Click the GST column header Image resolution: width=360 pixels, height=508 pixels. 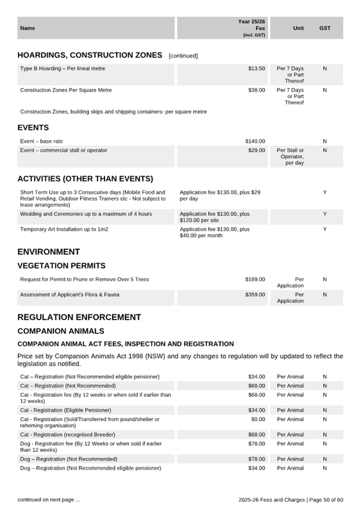tap(324, 28)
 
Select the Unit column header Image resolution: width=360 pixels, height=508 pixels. tap(298, 28)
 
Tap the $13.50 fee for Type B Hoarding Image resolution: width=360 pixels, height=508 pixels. tap(256, 69)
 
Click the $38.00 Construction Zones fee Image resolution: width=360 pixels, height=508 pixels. tap(256, 90)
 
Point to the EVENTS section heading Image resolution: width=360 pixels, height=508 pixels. tap(33, 128)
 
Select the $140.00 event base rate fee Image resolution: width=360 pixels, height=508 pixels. tap(255, 141)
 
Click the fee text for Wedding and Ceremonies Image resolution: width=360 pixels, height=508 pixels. tap(214, 217)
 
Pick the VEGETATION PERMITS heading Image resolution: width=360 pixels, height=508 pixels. tap(61, 265)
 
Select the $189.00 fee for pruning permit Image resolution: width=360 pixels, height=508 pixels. tap(255, 279)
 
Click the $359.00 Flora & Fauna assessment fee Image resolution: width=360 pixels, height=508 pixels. tap(255, 295)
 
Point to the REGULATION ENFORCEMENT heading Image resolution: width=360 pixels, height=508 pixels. tap(79, 317)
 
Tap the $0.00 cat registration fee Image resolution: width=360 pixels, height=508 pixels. tap(257, 420)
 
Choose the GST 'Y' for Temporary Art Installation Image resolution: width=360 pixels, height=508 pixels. tap(324, 229)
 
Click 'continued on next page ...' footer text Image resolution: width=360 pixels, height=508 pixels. tap(49, 499)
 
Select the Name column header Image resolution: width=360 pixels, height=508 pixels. tap(27, 28)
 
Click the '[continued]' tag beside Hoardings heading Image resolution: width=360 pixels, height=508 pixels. tap(183, 56)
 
